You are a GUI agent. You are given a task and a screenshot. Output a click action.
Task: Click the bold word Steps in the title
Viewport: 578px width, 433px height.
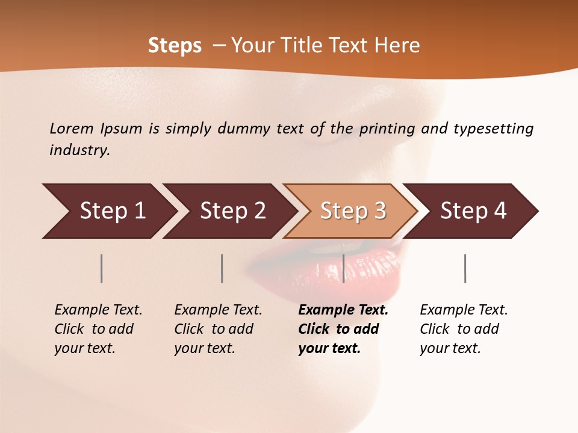(175, 46)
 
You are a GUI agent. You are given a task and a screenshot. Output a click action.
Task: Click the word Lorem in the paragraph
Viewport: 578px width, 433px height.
(72, 128)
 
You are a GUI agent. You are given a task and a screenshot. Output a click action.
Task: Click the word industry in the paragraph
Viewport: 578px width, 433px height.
(79, 150)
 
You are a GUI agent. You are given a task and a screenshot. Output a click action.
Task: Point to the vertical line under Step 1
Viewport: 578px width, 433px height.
(102, 268)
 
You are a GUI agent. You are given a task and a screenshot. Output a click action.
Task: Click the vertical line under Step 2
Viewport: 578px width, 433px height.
(222, 268)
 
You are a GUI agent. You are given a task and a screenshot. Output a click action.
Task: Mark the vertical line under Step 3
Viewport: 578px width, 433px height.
(343, 268)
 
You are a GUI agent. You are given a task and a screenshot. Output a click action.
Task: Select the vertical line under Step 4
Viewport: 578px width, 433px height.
(465, 268)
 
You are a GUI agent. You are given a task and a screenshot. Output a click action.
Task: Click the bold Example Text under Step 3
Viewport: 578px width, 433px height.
(343, 310)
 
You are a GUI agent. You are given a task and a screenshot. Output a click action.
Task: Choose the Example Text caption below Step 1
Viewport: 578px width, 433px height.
(98, 310)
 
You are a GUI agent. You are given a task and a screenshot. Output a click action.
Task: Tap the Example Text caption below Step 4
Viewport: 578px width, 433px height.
(464, 310)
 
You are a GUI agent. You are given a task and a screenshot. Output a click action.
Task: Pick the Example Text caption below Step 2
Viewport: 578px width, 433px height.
(218, 310)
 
